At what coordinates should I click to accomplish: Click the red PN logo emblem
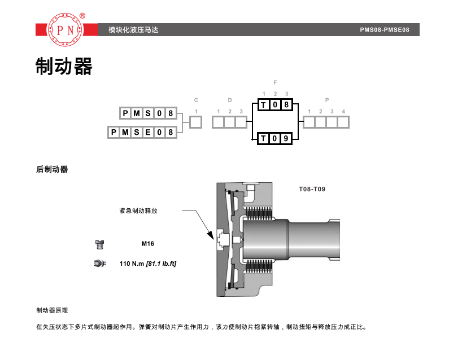click(66, 29)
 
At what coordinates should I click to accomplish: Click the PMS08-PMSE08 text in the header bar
click(385, 30)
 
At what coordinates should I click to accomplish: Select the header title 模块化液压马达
click(133, 30)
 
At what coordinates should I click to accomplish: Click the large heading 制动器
click(64, 66)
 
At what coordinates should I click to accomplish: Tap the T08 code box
click(275, 105)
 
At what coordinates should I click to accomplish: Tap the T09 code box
click(274, 138)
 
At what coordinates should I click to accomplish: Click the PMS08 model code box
click(148, 113)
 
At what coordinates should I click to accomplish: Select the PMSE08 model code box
click(142, 132)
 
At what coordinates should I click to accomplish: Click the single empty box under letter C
click(196, 122)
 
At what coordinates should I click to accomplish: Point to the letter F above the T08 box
click(275, 82)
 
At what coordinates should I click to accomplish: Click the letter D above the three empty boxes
click(230, 100)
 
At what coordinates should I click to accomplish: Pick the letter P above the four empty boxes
click(327, 100)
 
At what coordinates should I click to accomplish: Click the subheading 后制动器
click(52, 169)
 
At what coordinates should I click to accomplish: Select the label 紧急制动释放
click(138, 211)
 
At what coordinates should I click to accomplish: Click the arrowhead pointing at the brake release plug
click(211, 235)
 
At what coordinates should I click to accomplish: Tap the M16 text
click(148, 244)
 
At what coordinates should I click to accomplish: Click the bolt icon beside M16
click(99, 245)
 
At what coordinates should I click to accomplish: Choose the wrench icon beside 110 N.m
click(99, 264)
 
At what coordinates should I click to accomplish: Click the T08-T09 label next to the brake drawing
click(312, 189)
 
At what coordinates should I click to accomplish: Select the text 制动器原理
click(52, 310)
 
